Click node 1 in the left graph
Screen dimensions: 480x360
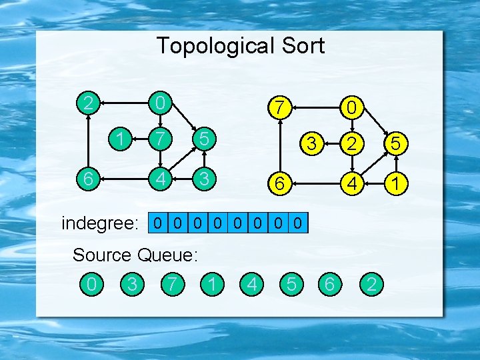click(121, 141)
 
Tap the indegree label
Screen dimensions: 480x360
click(101, 223)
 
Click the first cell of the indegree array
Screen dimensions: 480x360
click(157, 223)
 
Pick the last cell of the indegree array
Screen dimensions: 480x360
click(299, 223)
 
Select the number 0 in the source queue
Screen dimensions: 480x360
click(92, 285)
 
